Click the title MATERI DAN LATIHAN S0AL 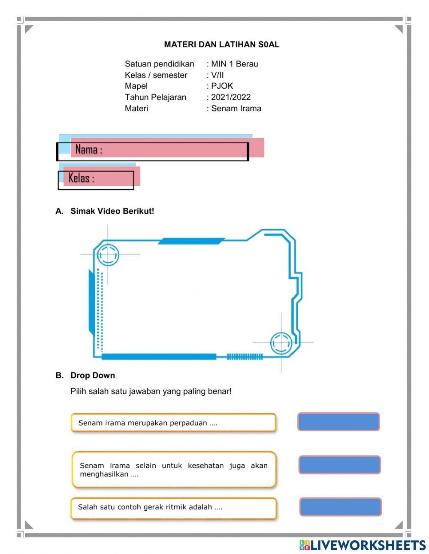click(221, 45)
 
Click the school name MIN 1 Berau click(234, 64)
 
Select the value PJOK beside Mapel click(222, 86)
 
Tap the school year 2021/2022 click(231, 97)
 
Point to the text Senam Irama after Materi click(236, 108)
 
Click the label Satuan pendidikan click(159, 64)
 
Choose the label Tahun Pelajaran click(155, 97)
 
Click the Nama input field click(172, 150)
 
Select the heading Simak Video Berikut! click(112, 211)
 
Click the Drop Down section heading click(93, 375)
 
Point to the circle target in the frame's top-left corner click(107, 255)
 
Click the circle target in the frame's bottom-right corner click(281, 343)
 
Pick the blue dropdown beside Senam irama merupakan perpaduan click(338, 422)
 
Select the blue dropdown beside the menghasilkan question click(339, 465)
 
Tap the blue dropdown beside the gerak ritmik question click(340, 507)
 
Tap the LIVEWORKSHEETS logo click(363, 545)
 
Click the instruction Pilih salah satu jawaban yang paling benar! click(151, 391)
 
